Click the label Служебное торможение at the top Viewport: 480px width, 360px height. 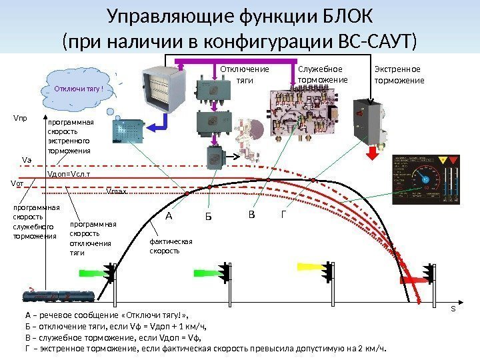(x=322, y=75)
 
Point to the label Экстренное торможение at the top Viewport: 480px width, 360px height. (x=399, y=75)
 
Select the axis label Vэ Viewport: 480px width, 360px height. (x=27, y=160)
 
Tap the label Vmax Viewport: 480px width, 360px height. (x=117, y=191)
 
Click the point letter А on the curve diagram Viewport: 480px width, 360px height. (x=168, y=216)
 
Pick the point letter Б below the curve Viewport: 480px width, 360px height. (x=208, y=217)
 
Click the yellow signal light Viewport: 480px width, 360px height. (x=307, y=267)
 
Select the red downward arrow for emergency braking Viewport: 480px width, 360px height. (x=372, y=150)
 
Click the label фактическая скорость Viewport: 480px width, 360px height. (x=170, y=247)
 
